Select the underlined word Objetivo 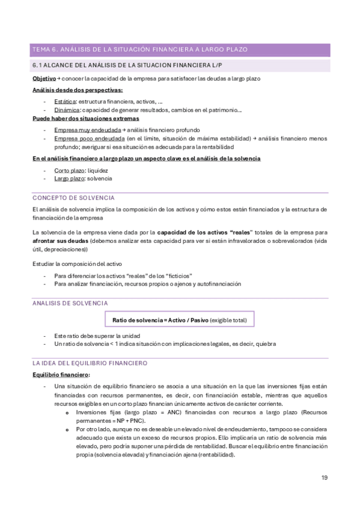(x=43, y=79)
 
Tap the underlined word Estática (x=65, y=101)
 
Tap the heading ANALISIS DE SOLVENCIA (x=70, y=304)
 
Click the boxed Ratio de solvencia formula (x=179, y=320)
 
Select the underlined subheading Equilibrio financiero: (x=61, y=375)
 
